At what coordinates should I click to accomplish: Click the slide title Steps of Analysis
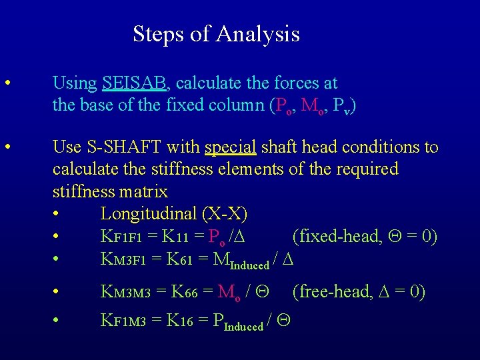(x=216, y=33)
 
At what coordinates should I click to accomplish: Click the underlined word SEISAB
(x=136, y=83)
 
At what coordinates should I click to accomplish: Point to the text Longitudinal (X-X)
(x=173, y=214)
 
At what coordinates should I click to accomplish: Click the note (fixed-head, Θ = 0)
(x=365, y=237)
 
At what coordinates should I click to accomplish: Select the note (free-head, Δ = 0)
(x=357, y=292)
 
